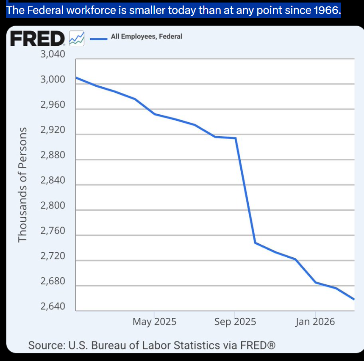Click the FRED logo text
[x=37, y=39]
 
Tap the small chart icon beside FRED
[x=77, y=39]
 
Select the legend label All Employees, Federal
[x=146, y=37]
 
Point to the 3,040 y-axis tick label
[x=53, y=55]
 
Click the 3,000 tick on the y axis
[x=53, y=80]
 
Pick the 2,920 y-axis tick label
[x=53, y=130]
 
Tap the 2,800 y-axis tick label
[x=53, y=206]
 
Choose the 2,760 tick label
[x=53, y=231]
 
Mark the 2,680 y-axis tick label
[x=53, y=281]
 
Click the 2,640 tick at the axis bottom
[x=53, y=306]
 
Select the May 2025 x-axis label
[x=154, y=322]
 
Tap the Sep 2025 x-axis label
[x=235, y=322]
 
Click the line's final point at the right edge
[x=354, y=299]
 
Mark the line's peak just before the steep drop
[x=236, y=138]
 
